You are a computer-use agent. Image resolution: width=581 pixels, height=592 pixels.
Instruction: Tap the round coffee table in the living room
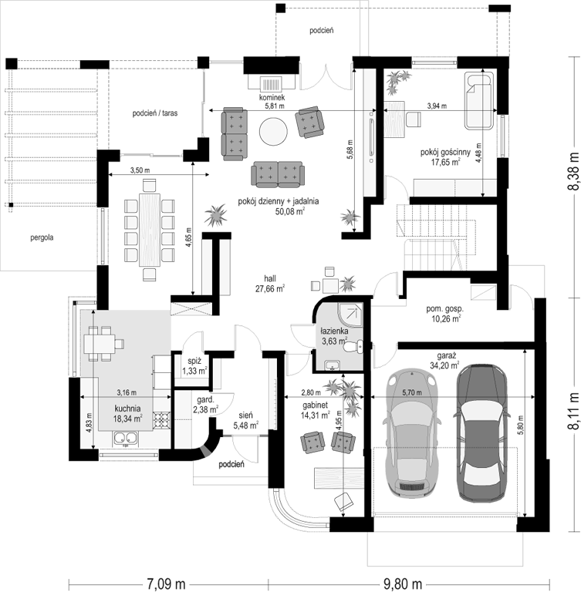(x=273, y=131)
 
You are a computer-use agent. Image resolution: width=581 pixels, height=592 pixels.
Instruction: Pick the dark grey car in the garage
(x=481, y=432)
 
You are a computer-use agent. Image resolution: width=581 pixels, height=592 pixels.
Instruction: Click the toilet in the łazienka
(x=354, y=347)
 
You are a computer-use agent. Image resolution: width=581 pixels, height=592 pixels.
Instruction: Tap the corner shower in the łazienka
(x=350, y=315)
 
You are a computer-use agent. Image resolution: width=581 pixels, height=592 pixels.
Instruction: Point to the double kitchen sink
(x=126, y=438)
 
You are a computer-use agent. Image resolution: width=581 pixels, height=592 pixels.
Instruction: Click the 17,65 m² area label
(x=446, y=163)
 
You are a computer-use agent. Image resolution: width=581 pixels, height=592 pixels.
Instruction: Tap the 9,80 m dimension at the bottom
(x=403, y=584)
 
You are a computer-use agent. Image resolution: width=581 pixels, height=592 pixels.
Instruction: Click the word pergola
(x=42, y=237)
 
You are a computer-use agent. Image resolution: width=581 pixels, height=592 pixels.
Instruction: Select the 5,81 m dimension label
(x=275, y=106)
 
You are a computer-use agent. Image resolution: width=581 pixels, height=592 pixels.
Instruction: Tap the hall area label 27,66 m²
(x=270, y=289)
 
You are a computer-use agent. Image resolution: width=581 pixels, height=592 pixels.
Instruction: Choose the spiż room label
(x=194, y=361)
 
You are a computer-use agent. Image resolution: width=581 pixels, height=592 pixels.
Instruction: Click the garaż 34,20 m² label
(x=444, y=361)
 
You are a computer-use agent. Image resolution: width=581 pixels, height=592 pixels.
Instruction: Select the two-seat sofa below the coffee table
(x=278, y=174)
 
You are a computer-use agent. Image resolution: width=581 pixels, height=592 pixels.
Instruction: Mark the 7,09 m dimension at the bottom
(x=166, y=584)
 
